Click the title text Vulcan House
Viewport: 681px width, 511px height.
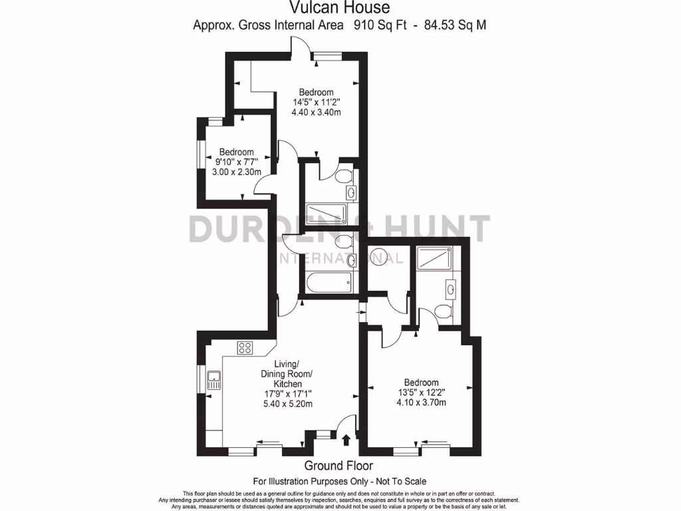point(339,8)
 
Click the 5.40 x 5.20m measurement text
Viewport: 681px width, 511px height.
point(288,404)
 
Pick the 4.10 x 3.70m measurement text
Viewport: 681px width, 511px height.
point(421,403)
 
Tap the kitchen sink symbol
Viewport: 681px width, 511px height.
point(214,381)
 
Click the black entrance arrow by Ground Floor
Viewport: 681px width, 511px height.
point(346,438)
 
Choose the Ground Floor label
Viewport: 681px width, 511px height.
point(339,466)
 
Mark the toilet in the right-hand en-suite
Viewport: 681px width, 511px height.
point(441,311)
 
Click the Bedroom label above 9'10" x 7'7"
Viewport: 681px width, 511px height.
point(236,152)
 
